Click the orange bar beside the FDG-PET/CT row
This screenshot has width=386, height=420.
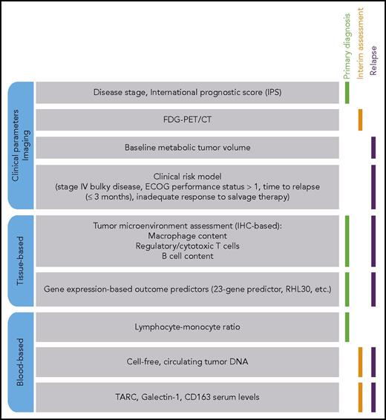click(x=360, y=119)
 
